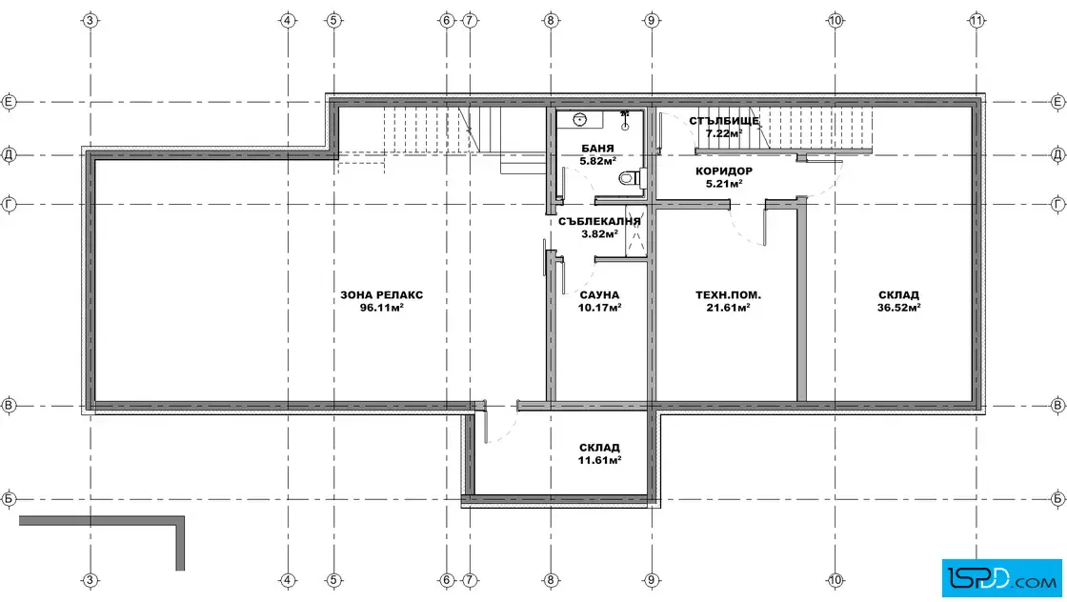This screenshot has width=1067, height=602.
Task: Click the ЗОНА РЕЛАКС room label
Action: [382, 295]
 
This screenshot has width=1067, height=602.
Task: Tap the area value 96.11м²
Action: [382, 308]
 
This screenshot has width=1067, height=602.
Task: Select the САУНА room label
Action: [599, 295]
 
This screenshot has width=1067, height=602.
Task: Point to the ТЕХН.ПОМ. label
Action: [728, 295]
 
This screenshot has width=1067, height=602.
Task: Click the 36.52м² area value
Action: [899, 308]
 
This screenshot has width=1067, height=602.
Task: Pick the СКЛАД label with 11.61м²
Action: [599, 448]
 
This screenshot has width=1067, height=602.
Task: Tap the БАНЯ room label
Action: [597, 149]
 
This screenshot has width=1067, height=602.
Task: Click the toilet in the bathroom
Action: [631, 178]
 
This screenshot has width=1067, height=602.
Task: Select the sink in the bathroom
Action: [580, 120]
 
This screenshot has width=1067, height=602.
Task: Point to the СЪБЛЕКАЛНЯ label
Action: [599, 221]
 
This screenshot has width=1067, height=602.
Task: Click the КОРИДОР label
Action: [724, 171]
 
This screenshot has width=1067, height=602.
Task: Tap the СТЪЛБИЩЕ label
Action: [724, 121]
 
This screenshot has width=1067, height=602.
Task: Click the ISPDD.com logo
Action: [1001, 578]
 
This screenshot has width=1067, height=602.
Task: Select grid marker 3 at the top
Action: [90, 20]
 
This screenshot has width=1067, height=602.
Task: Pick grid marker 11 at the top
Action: [976, 20]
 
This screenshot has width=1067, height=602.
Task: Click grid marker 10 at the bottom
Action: [835, 580]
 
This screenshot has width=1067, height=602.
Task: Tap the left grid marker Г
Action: [9, 204]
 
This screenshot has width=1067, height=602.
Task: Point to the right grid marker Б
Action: [1057, 498]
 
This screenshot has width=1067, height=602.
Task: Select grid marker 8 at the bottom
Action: [551, 580]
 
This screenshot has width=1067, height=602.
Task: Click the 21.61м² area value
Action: [728, 308]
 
